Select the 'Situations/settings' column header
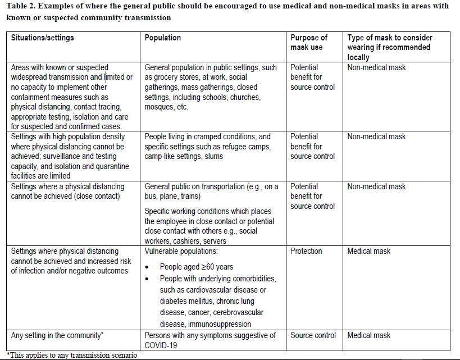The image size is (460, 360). point(42,38)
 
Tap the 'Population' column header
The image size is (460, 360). point(163,38)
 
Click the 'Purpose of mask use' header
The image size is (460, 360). point(308,43)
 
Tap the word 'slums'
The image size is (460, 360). point(212,157)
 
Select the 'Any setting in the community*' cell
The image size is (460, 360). point(57,336)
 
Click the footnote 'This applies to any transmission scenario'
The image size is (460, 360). point(72,355)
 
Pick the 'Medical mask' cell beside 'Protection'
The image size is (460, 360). point(368,251)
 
